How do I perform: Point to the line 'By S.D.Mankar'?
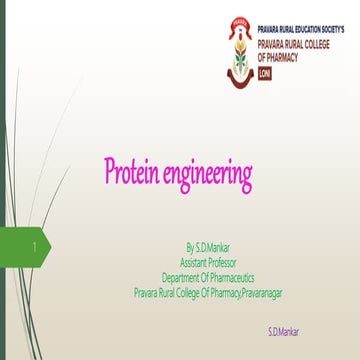207,244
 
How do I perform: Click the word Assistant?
194,261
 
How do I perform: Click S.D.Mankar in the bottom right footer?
283,331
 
